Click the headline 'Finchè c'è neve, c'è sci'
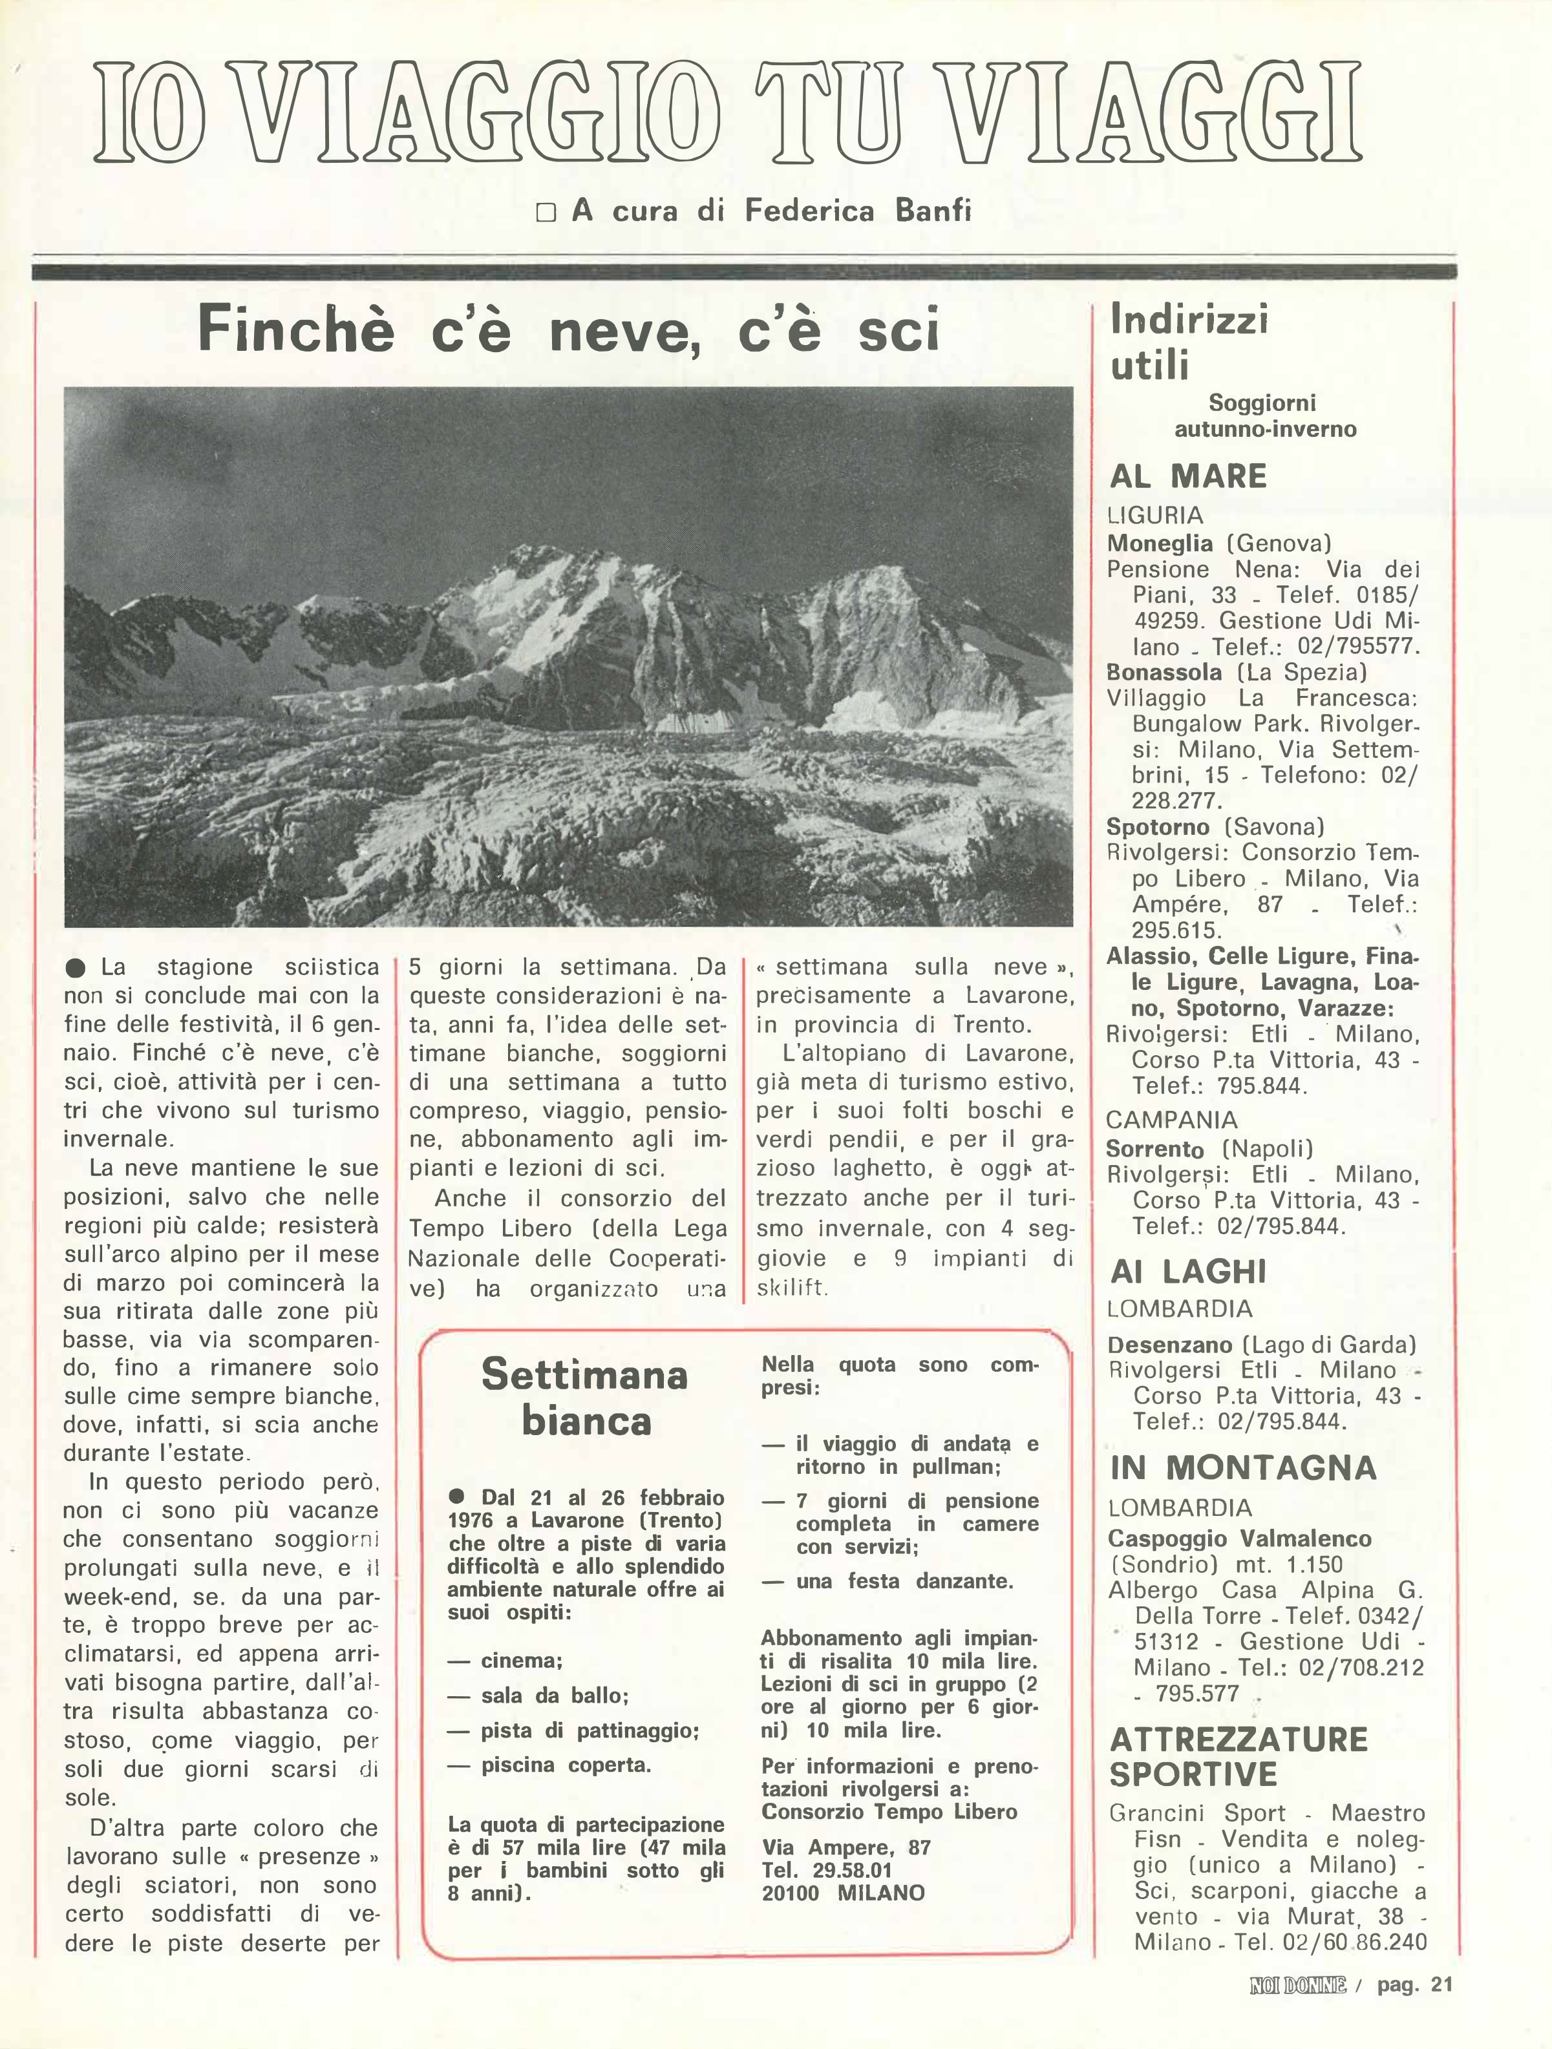pos(568,331)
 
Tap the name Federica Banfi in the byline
pos(858,211)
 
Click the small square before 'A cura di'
pos(546,213)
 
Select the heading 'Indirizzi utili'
pos(1189,342)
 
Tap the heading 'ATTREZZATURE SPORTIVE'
pos(1238,1757)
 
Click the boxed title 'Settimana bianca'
pos(584,1397)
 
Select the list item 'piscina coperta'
pos(565,1765)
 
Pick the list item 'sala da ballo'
pos(554,1696)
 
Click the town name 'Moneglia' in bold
pos(1159,543)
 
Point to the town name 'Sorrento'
pos(1154,1150)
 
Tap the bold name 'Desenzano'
pos(1169,1345)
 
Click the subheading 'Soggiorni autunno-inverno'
pos(1265,416)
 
